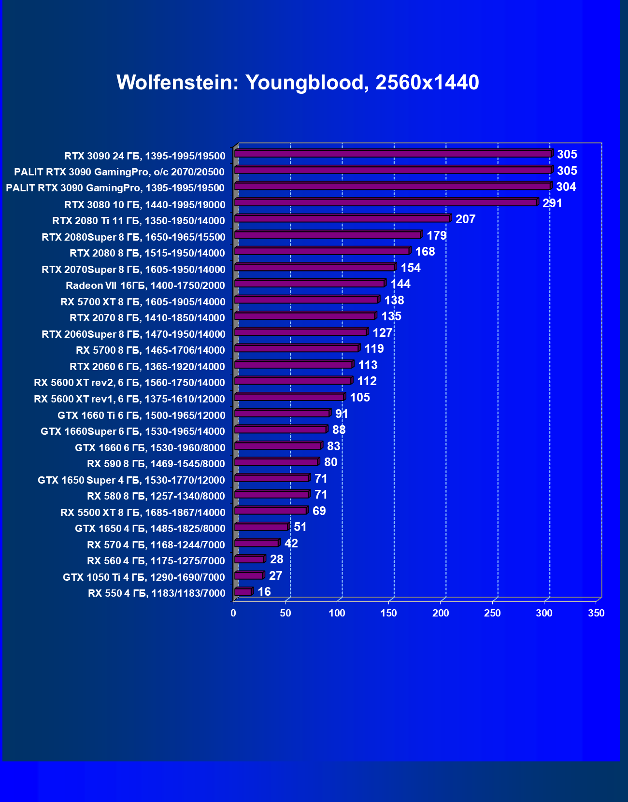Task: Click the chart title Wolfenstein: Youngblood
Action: (298, 83)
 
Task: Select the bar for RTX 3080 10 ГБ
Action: (385, 203)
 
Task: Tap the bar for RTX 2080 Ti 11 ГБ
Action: (342, 219)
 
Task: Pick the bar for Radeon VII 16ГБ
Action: (309, 284)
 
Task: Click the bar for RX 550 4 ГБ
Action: (243, 592)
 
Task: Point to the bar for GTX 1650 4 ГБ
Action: (261, 527)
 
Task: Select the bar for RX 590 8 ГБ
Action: (276, 462)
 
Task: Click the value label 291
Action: (552, 203)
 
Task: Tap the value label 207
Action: (465, 219)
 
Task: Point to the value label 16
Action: (264, 592)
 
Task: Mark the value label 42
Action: (291, 544)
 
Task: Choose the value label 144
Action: (400, 284)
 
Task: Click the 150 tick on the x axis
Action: (389, 613)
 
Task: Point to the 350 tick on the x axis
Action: (596, 613)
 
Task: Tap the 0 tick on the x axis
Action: (233, 613)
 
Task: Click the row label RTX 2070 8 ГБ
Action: (147, 318)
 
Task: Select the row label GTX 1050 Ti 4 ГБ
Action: (144, 577)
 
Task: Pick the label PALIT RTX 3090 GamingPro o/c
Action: (119, 172)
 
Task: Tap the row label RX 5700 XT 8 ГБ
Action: (143, 302)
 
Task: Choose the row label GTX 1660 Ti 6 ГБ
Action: (142, 415)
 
